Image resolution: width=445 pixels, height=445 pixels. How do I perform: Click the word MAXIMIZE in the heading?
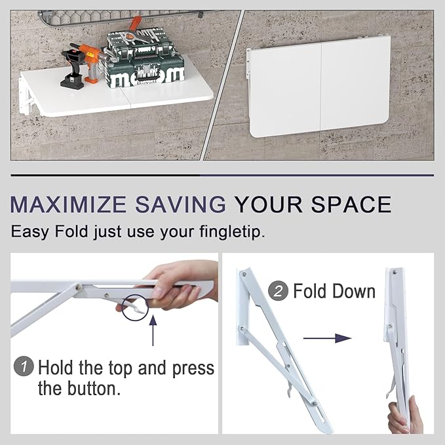click(69, 204)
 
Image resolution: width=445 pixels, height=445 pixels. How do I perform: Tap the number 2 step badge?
click(280, 291)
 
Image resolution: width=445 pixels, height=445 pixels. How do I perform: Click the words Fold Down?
click(334, 291)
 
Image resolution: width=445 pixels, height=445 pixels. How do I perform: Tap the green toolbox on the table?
click(145, 62)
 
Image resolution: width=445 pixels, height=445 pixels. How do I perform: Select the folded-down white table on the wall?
click(319, 87)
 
